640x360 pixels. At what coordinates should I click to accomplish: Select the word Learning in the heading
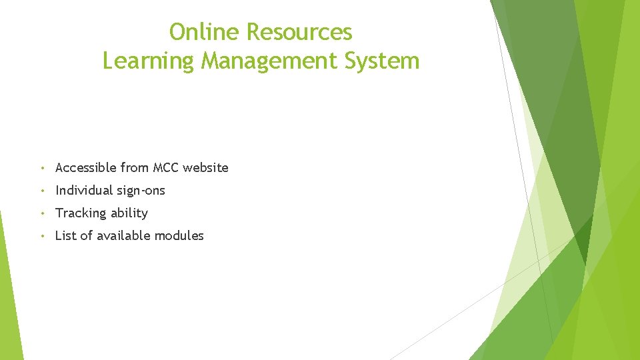point(149,61)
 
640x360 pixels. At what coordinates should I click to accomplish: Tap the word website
point(205,168)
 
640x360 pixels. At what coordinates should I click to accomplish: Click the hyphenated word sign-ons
point(141,191)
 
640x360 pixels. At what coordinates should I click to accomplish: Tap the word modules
point(179,236)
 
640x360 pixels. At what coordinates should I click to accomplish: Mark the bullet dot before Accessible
point(42,168)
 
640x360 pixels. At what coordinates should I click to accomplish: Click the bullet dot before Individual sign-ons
point(42,191)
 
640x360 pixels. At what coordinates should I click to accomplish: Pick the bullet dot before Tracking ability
point(42,213)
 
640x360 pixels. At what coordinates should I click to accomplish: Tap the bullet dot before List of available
point(42,236)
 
